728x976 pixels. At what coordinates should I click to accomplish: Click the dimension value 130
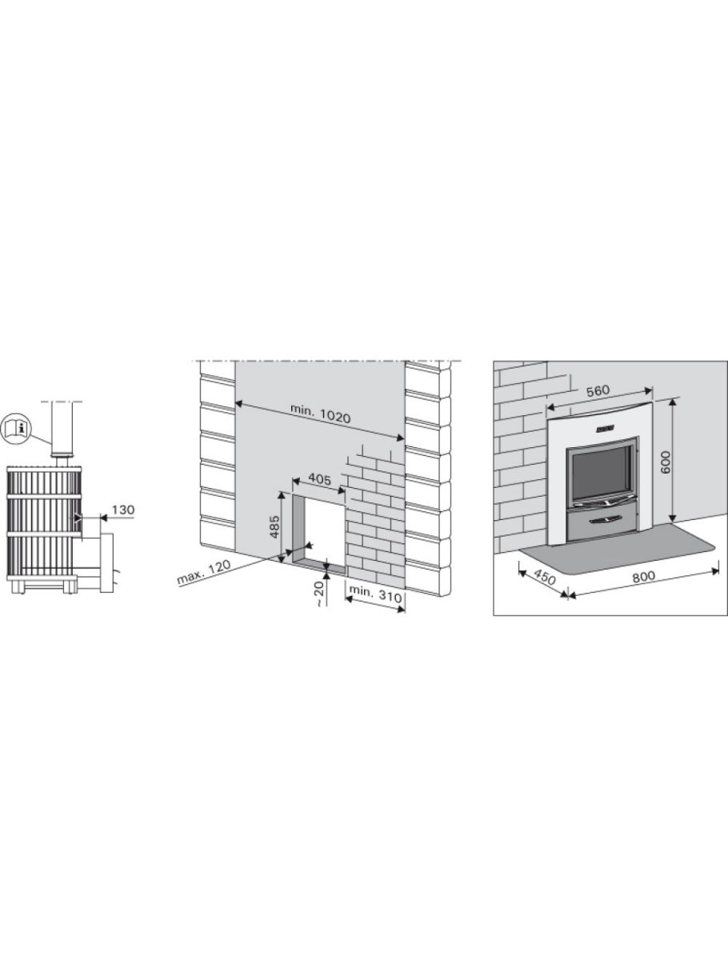pos(123,510)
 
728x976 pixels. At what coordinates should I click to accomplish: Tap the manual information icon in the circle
pos(17,429)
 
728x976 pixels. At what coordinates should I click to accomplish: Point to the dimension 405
pos(319,479)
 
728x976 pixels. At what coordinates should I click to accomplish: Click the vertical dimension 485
pos(275,526)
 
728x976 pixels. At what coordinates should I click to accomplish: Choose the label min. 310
pos(375,592)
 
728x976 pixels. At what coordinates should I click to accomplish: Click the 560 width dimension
pos(598,391)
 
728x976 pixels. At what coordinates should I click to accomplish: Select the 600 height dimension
pos(665,462)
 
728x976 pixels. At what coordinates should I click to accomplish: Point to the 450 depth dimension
pos(545,578)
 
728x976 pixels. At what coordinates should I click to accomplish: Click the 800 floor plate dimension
pos(643,576)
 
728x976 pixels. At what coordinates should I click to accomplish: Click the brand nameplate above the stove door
pos(604,428)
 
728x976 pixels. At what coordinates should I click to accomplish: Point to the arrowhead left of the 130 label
pos(78,518)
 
